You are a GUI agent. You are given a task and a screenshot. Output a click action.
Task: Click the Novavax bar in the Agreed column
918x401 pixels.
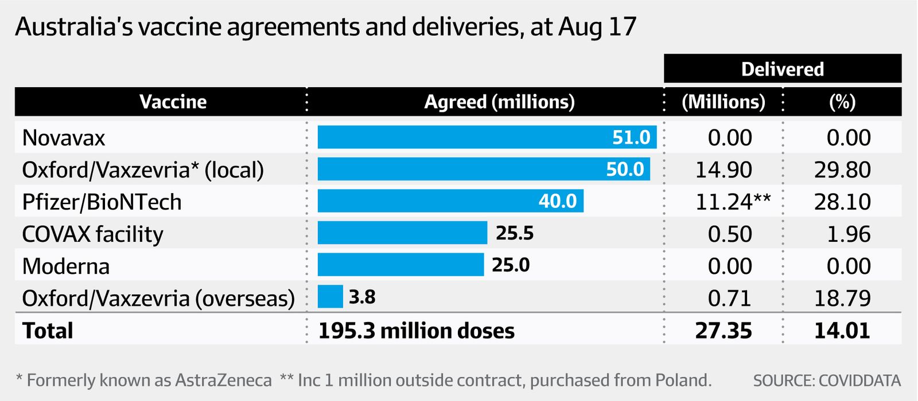click(487, 137)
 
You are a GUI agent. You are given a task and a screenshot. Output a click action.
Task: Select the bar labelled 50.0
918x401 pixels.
click(484, 170)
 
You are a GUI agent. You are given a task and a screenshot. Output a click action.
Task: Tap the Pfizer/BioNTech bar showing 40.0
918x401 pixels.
click(450, 201)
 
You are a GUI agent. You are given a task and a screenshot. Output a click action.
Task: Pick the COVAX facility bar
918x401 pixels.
click(402, 233)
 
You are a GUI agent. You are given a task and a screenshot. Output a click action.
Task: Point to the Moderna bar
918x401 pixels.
click(400, 265)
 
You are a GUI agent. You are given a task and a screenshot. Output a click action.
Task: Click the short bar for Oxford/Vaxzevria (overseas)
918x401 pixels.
click(330, 297)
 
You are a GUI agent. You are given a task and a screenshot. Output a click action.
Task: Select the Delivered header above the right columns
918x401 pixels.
click(783, 69)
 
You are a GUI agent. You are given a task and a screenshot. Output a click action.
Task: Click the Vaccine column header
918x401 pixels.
click(173, 102)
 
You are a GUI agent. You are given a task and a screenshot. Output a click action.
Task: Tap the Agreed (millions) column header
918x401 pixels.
click(499, 102)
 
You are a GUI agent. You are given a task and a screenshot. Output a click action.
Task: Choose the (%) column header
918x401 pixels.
click(842, 102)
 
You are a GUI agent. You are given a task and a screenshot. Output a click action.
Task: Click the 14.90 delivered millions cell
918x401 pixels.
click(723, 170)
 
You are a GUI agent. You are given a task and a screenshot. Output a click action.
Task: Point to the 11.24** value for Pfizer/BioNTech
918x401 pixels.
click(733, 202)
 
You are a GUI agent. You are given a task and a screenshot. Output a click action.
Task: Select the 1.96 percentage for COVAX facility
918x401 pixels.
click(849, 234)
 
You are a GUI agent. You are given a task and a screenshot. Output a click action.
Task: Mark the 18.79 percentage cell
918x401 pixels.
click(842, 298)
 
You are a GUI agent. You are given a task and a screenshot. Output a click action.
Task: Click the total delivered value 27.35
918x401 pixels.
click(723, 331)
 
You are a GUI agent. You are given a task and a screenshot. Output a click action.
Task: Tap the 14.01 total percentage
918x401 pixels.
click(842, 331)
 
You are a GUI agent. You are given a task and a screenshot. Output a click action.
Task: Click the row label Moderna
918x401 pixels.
click(66, 266)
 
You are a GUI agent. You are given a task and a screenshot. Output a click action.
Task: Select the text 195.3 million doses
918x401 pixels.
click(417, 331)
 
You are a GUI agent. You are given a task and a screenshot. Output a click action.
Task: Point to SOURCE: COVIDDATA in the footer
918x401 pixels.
click(827, 380)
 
